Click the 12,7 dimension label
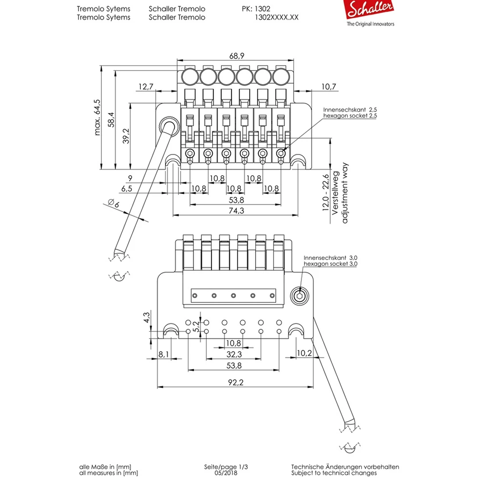pos(145,87)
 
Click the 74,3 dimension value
pos(234,211)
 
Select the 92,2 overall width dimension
pos(235,383)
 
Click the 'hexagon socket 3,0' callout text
pos(331,264)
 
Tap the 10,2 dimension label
pos(304,354)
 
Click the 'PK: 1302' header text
pos(256,9)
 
